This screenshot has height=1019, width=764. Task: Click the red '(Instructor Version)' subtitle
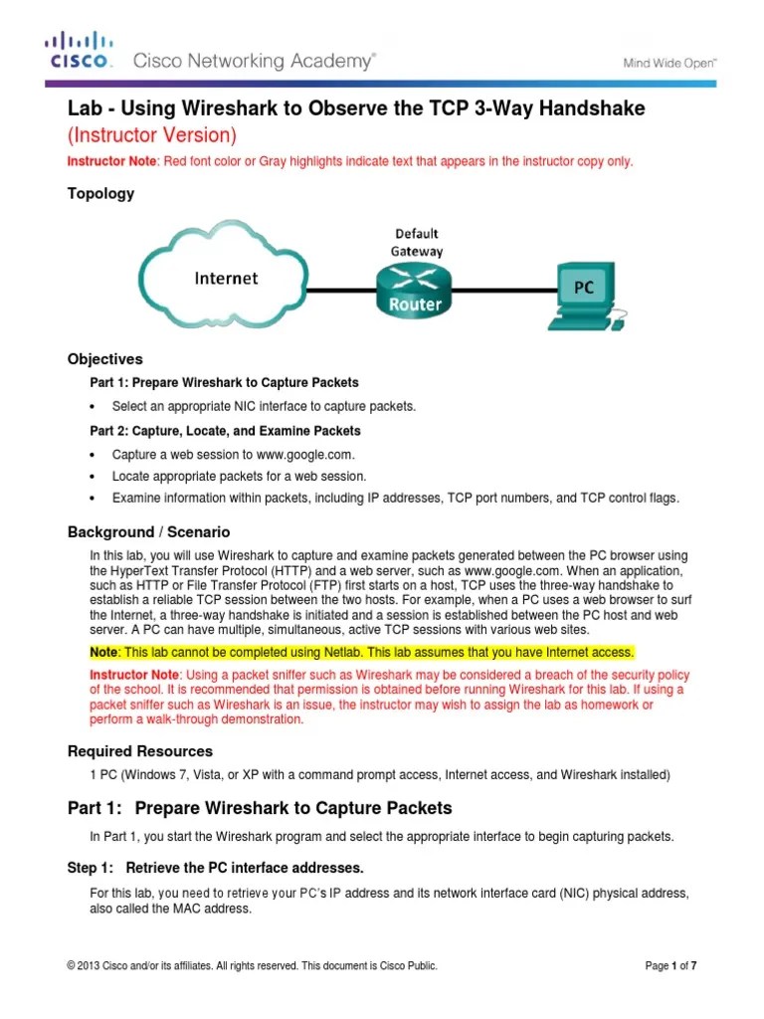151,134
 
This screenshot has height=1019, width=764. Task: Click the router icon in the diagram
415,290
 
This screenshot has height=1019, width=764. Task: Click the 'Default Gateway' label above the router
416,243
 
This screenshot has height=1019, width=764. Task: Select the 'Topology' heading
100,194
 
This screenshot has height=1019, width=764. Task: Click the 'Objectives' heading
104,359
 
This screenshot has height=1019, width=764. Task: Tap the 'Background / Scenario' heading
148,532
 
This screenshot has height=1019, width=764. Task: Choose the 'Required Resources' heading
139,751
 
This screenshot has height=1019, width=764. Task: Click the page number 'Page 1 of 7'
677,965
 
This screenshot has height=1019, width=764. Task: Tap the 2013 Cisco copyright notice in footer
252,965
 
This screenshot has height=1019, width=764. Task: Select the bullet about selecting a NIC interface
264,406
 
